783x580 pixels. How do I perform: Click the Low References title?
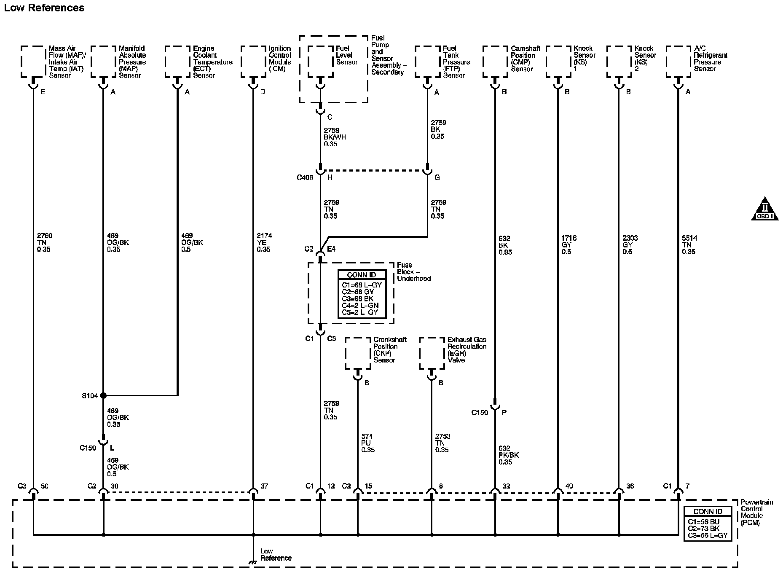pos(44,8)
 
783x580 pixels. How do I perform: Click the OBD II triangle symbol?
pos(765,209)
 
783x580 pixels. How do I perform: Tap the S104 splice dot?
pos(103,395)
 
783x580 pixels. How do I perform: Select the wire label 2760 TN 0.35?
pos(44,242)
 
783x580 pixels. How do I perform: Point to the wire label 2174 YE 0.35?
pos(264,242)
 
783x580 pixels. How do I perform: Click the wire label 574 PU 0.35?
pos(367,443)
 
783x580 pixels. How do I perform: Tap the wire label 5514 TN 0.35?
pos(689,245)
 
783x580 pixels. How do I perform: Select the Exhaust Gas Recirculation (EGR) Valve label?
pos(467,349)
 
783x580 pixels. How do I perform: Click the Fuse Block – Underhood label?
pos(413,272)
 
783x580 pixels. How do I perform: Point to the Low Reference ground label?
pos(276,554)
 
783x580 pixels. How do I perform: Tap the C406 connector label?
pos(305,177)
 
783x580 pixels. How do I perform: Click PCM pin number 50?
pos(44,486)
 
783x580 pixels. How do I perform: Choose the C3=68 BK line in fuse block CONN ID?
pos(357,299)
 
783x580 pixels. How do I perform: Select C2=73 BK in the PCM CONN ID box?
pos(705,529)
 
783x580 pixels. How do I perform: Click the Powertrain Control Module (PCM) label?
pos(757,512)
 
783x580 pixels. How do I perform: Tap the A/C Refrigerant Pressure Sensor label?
pos(710,59)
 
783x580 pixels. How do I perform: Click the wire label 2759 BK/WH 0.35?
pos(335,137)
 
